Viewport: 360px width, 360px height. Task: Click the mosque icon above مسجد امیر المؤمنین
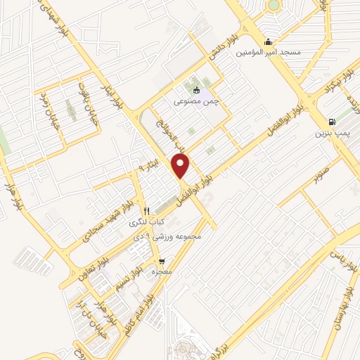pos(268,40)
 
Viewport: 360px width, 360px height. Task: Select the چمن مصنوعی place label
pos(197,101)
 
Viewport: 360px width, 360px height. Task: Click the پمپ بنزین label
pos(330,132)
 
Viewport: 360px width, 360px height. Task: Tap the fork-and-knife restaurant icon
pos(147,211)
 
